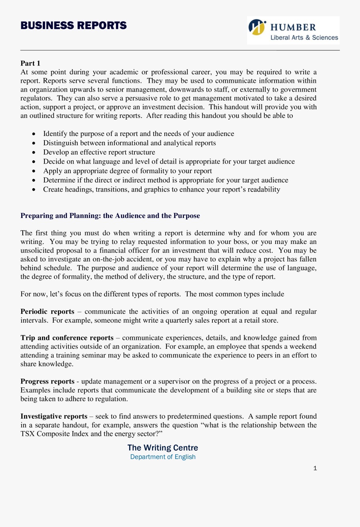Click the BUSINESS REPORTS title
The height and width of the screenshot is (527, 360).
tap(74, 26)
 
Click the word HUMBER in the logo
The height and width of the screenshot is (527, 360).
tap(293, 27)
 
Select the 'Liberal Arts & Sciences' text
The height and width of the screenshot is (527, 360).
tap(304, 38)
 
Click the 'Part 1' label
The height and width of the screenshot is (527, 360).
tap(30, 63)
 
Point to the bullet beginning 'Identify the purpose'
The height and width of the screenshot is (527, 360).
tap(138, 134)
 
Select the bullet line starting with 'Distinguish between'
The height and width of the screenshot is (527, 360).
tap(129, 143)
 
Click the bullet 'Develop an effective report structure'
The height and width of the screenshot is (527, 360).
tap(99, 152)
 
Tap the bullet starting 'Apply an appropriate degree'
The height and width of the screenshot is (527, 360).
tap(127, 171)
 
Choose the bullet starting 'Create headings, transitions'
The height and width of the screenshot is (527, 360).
tap(162, 189)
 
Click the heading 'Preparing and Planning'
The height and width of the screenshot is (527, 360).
tap(110, 216)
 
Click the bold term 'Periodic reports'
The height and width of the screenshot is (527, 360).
tap(47, 311)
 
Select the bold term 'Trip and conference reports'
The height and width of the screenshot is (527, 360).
tap(67, 338)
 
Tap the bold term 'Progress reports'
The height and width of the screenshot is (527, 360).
tap(47, 381)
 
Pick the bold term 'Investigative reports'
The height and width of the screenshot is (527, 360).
tap(54, 416)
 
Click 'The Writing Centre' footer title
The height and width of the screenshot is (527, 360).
tap(163, 447)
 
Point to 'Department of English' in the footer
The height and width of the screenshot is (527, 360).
tap(163, 457)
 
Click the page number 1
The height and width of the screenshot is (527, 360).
tap(315, 468)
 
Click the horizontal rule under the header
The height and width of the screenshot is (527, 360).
tap(180, 50)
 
